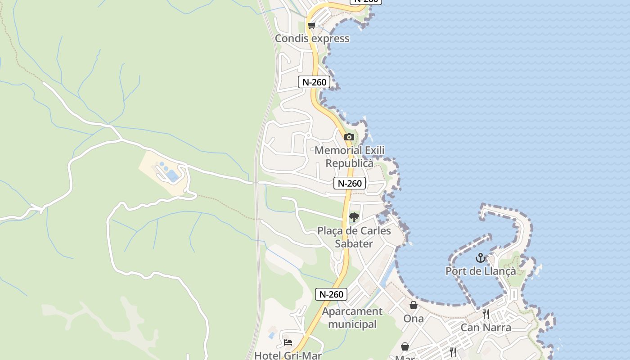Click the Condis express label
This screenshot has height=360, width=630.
click(x=312, y=38)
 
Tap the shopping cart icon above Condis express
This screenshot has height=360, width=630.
click(x=312, y=25)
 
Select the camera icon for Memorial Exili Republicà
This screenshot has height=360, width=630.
click(x=349, y=137)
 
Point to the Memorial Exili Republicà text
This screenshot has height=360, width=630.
click(x=350, y=157)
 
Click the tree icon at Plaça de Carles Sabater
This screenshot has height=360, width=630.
click(x=354, y=217)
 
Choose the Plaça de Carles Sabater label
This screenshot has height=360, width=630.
click(x=354, y=237)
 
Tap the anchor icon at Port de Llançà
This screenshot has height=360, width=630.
click(x=481, y=258)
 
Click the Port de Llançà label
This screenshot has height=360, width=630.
click(x=481, y=271)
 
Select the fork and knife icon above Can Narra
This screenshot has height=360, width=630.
click(x=486, y=314)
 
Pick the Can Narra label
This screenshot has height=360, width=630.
click(x=486, y=327)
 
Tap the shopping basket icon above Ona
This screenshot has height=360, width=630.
click(x=413, y=305)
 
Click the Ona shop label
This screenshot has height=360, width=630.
click(x=413, y=319)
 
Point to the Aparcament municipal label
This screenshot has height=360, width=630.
click(x=352, y=318)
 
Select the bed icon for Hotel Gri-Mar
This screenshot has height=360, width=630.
click(x=288, y=342)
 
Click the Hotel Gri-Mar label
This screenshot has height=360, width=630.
click(x=288, y=355)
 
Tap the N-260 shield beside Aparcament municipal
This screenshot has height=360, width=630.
click(x=331, y=294)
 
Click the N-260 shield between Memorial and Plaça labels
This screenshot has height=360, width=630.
click(x=350, y=183)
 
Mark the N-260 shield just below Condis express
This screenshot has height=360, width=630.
click(x=314, y=82)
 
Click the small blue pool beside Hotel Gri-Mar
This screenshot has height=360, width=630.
click(x=272, y=335)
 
